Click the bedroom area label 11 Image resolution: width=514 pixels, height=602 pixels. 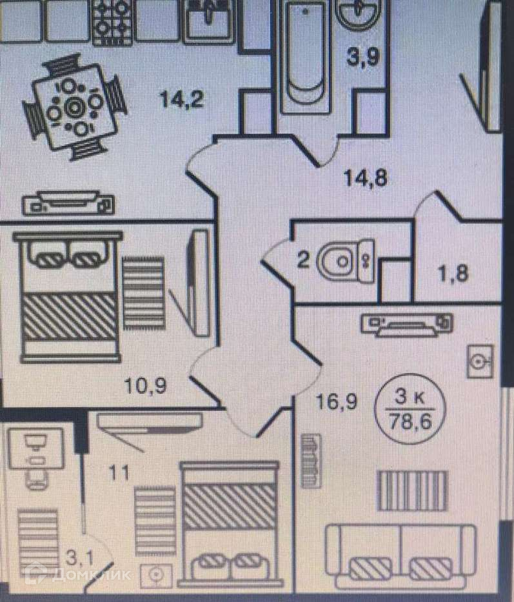click(x=119, y=472)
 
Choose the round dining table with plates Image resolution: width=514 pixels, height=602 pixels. click(x=73, y=106)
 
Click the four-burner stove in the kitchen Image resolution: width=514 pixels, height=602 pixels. click(x=112, y=21)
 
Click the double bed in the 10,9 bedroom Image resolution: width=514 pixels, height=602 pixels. click(x=68, y=294)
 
